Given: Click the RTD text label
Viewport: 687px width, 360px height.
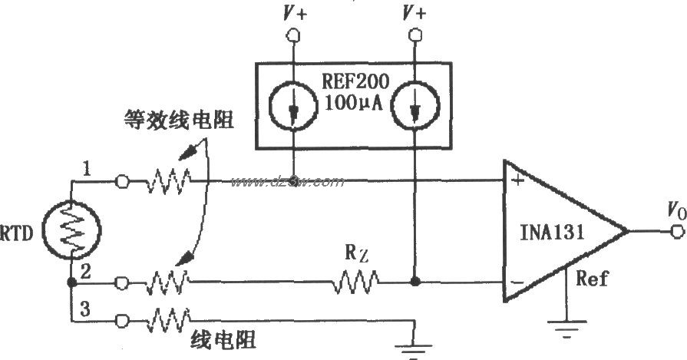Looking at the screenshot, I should click(17, 231).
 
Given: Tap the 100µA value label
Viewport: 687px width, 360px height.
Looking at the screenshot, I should click(354, 101).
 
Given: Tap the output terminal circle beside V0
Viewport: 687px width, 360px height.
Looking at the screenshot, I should click(675, 231).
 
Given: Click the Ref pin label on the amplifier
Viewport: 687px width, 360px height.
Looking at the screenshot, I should click(593, 278).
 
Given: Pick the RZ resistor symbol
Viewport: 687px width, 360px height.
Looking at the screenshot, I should click(355, 284).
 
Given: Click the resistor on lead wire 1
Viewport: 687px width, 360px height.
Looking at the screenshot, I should click(168, 183).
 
